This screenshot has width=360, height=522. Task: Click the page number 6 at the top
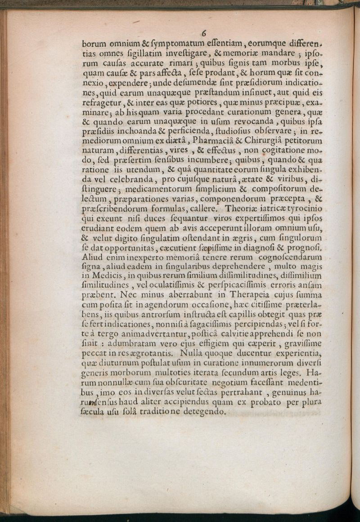coord(204,33)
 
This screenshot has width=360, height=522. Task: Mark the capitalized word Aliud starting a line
coord(93,257)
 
